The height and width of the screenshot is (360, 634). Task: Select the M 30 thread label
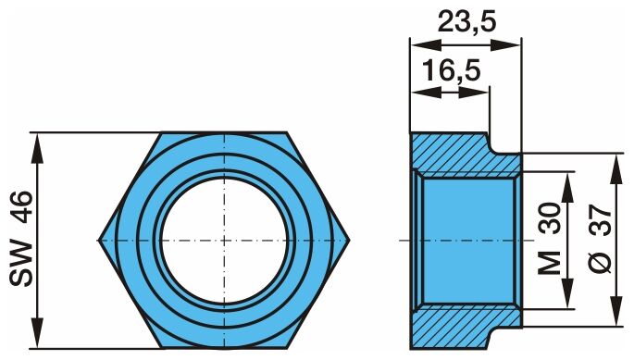[x=550, y=239]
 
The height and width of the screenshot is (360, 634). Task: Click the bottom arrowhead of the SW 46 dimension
[x=37, y=332]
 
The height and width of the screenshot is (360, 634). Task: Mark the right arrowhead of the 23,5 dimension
[x=505, y=45]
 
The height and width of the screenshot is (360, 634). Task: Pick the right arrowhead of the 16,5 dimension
[x=474, y=93]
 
